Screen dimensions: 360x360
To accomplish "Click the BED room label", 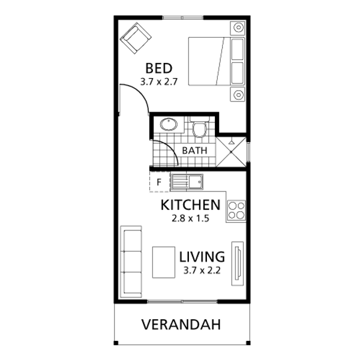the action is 159,68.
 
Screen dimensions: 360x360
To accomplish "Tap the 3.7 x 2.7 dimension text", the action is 159,82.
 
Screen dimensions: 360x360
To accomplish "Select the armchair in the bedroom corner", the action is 136,38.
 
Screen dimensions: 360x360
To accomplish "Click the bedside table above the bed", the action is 238,28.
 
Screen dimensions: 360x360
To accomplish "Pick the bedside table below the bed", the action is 238,94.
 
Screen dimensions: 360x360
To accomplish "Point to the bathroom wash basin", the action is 169,125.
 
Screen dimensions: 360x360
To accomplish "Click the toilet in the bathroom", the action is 199,127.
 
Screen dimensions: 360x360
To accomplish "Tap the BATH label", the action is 194,151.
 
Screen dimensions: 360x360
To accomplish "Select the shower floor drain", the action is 231,152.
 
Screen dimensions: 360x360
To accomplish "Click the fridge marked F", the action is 160,182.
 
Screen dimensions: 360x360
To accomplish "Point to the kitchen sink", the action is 187,182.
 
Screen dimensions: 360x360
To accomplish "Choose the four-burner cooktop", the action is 236,210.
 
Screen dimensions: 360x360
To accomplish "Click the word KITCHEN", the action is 190,205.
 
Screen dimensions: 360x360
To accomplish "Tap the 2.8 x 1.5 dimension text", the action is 190,218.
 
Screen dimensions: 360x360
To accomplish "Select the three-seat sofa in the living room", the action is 131,262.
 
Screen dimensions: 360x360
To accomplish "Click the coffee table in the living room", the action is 164,262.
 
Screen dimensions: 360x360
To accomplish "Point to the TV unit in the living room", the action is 238,263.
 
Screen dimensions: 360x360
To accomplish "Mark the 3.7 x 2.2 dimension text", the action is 202,271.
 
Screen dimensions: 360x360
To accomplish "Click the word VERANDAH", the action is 181,325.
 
